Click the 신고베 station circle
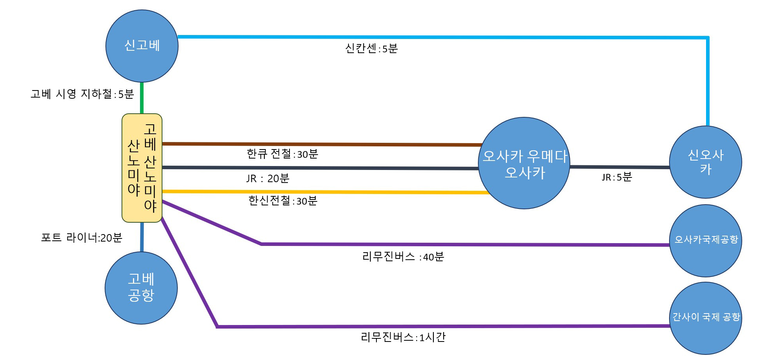click(142, 46)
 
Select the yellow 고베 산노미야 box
click(142, 168)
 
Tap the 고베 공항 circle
click(141, 288)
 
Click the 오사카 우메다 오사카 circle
click(524, 163)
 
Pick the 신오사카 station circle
click(706, 162)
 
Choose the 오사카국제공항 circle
click(706, 241)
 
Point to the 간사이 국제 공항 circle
click(706, 318)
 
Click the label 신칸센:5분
click(372, 48)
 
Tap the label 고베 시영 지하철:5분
click(82, 94)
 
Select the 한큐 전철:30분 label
click(282, 154)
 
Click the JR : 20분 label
click(268, 179)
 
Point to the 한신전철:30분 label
click(283, 201)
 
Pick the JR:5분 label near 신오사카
click(617, 177)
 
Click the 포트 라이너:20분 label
click(82, 238)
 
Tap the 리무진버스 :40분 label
click(403, 257)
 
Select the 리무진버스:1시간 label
click(403, 337)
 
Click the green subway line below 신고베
click(142, 98)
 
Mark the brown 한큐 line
click(322, 144)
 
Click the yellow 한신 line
click(326, 192)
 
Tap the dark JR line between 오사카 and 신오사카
click(620, 167)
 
